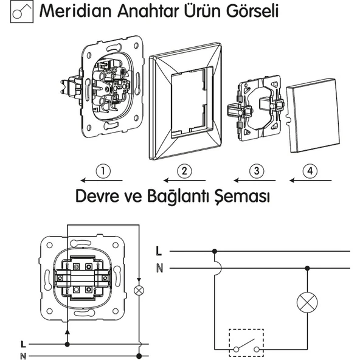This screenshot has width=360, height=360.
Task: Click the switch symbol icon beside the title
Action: [22, 12]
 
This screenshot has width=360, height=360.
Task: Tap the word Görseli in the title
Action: [252, 11]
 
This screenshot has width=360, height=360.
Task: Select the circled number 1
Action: [103, 171]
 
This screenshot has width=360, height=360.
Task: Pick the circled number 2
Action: [185, 171]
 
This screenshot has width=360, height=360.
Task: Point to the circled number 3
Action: [257, 171]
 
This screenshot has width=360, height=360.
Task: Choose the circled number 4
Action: [310, 171]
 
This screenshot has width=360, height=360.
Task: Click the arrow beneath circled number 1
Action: [102, 181]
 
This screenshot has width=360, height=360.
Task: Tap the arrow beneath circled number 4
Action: [310, 181]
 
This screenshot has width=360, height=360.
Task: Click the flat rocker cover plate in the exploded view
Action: [313, 116]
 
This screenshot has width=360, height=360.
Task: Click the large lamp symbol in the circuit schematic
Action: [307, 302]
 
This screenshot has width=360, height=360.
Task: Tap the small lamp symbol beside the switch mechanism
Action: [139, 291]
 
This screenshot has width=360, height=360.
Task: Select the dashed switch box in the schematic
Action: [246, 342]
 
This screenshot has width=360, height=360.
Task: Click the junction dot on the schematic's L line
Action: [215, 251]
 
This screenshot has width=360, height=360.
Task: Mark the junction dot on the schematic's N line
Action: [307, 268]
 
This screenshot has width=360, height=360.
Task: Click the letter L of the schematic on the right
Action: [159, 251]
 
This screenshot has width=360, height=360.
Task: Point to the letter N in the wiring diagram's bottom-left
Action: [23, 356]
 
